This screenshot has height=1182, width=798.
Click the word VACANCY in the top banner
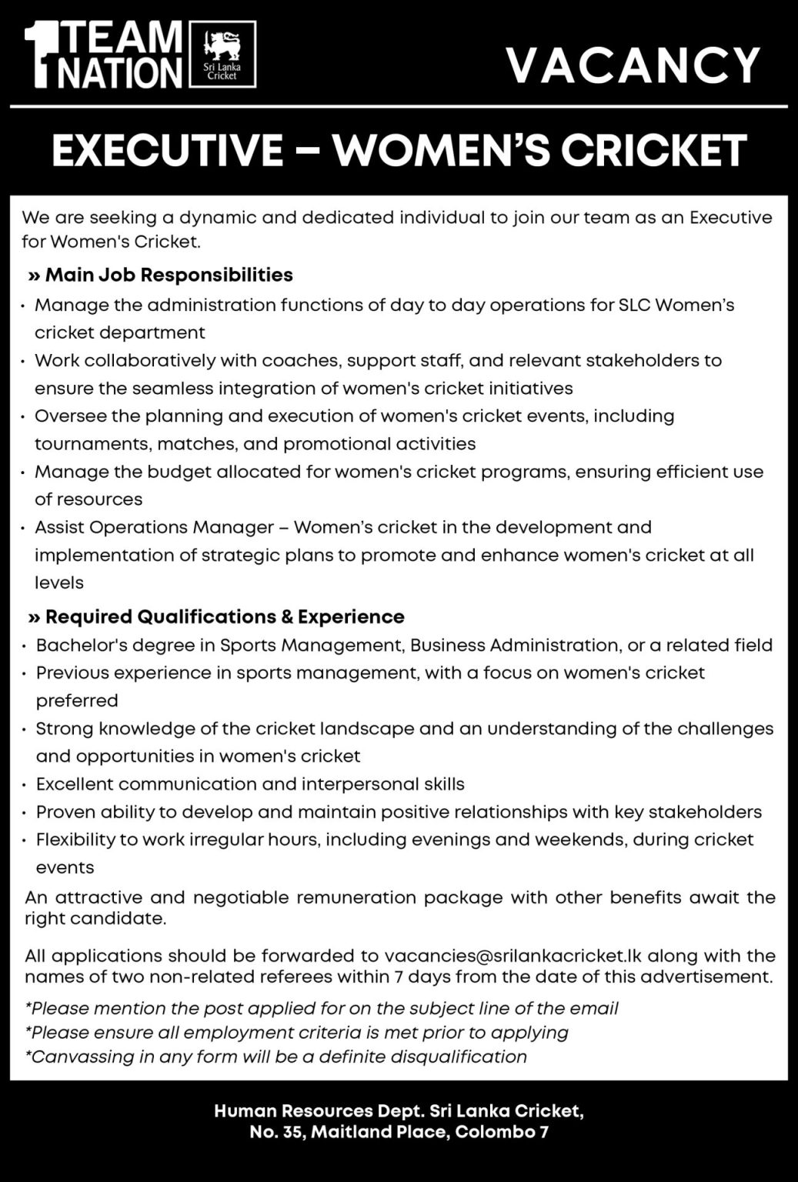point(633,65)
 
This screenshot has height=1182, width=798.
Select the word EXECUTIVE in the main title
point(167,150)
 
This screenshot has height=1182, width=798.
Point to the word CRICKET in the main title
point(653,150)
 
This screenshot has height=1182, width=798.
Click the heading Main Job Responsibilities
point(169,275)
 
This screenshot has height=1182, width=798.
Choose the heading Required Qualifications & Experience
point(224,616)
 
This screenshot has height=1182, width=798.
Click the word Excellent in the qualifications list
point(75,784)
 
